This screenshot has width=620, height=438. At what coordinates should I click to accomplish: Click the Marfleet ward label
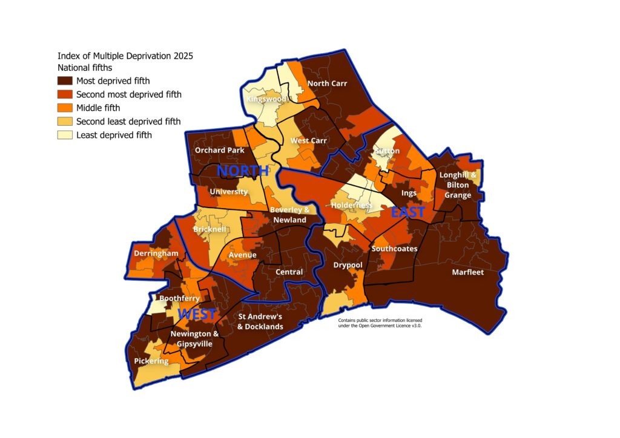pyautogui.click(x=468, y=272)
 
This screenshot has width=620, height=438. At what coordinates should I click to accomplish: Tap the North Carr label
pyautogui.click(x=327, y=83)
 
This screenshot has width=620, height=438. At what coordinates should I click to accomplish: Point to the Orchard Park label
pyautogui.click(x=219, y=150)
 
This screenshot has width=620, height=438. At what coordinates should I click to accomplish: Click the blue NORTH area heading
pyautogui.click(x=242, y=171)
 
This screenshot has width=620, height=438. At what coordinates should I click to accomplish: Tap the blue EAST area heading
pyautogui.click(x=407, y=212)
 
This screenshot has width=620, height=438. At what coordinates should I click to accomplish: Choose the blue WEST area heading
pyautogui.click(x=197, y=315)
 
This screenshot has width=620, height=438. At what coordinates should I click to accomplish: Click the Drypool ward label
pyautogui.click(x=348, y=265)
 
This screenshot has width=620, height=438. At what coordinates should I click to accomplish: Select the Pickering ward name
pyautogui.click(x=151, y=361)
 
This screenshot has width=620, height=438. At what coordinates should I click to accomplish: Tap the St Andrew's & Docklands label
pyautogui.click(x=260, y=321)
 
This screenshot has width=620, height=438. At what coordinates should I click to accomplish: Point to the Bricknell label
pyautogui.click(x=209, y=230)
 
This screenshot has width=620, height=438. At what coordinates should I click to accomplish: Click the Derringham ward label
pyautogui.click(x=156, y=252)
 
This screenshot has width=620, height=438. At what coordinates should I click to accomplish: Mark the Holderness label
pyautogui.click(x=352, y=205)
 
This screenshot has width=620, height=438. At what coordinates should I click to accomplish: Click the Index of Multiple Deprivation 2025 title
pyautogui.click(x=125, y=56)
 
